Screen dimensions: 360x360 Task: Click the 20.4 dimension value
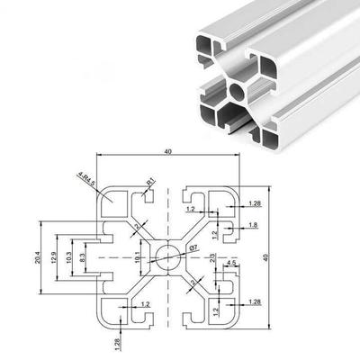[37, 258]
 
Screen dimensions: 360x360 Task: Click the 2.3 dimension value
[213, 260]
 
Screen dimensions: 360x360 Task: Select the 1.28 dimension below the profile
[117, 342]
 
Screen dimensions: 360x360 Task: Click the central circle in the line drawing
[168, 256]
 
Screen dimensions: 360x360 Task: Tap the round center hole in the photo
[237, 90]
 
